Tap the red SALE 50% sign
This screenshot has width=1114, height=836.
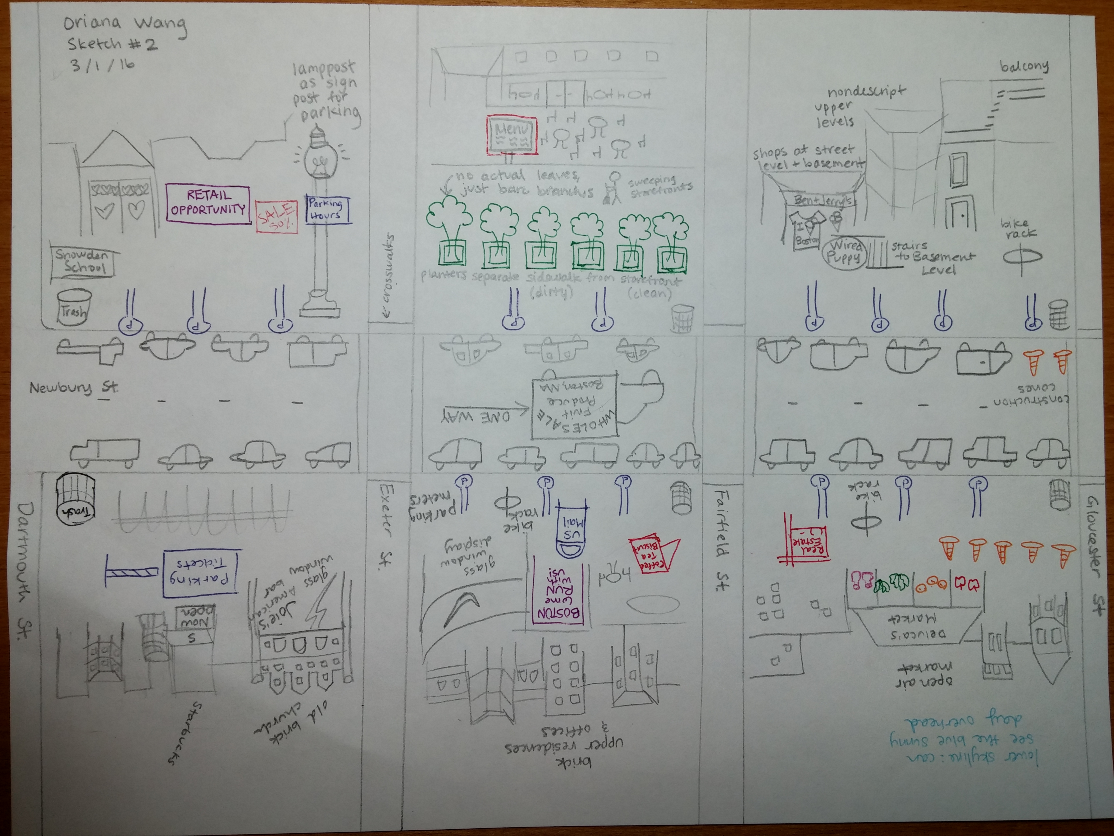[x=276, y=217]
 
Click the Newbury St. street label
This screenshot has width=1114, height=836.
[x=74, y=388]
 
